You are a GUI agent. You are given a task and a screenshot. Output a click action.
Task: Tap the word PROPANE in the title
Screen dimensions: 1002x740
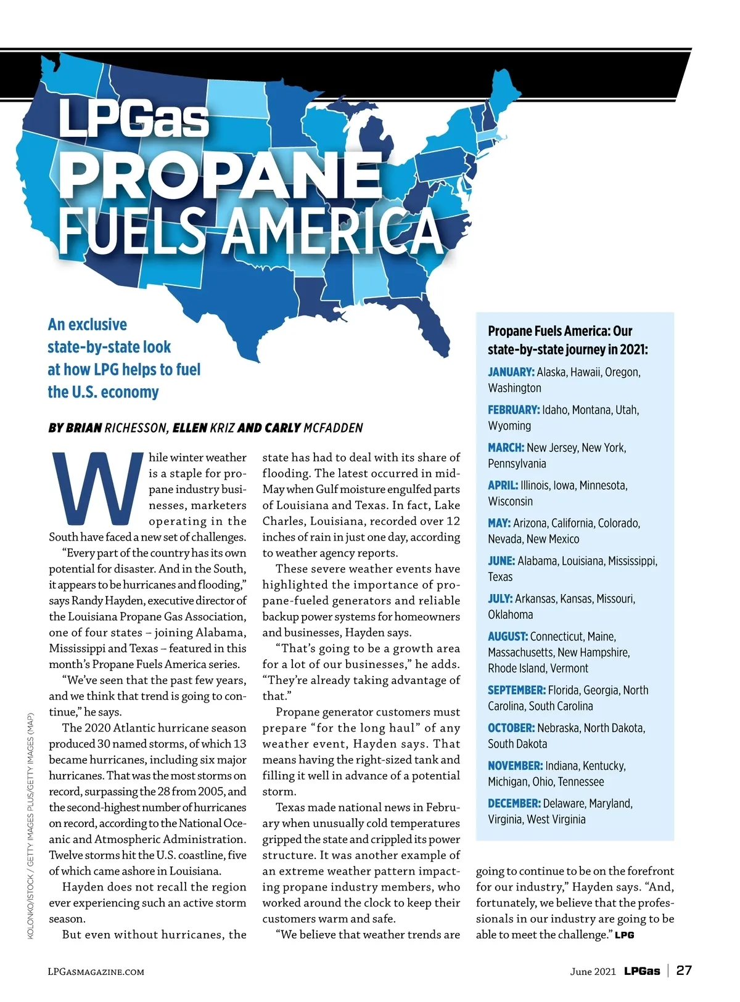pos(221,174)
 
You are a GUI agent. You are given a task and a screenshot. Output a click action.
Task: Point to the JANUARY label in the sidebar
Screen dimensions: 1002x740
pos(511,372)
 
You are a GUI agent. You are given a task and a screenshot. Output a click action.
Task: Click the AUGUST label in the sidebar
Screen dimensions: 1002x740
pos(508,637)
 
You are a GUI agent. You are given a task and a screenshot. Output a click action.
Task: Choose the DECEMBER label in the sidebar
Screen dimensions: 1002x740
pos(514,804)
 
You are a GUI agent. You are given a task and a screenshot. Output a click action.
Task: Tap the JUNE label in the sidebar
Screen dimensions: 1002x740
pos(501,561)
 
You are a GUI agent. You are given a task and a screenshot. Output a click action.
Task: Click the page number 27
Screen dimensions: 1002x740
pos(684,971)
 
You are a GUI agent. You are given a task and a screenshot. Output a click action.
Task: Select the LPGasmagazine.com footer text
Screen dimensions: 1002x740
pos(96,972)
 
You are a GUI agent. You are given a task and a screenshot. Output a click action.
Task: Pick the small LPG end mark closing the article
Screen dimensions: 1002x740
pos(624,935)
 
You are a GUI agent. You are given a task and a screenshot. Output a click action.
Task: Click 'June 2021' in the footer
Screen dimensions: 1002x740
pos(593,971)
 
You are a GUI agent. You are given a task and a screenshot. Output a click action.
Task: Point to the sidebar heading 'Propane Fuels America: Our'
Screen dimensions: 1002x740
pos(560,331)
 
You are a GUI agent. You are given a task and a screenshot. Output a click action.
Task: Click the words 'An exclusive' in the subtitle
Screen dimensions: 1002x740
pos(88,325)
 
